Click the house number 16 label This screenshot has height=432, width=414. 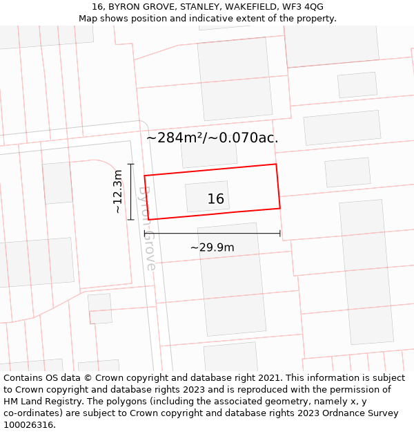(x=216, y=199)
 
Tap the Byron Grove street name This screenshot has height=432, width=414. (x=147, y=227)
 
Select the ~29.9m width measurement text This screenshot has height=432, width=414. (x=213, y=247)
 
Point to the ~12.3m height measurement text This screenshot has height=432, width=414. (x=117, y=191)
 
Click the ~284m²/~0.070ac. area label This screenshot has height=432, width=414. (x=213, y=138)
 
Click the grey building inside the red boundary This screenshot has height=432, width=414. (x=207, y=196)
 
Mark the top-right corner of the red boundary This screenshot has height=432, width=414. (x=276, y=165)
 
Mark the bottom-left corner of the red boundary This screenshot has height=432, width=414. (x=148, y=220)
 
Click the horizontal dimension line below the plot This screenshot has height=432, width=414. (x=212, y=234)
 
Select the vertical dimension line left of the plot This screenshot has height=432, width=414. (x=130, y=191)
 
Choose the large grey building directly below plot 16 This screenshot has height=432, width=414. (x=233, y=279)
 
